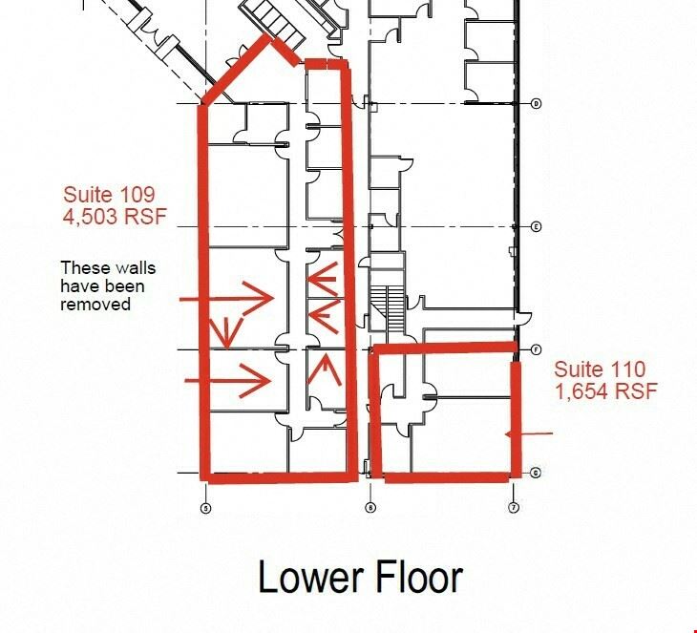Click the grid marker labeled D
[537, 103]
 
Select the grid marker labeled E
[537, 226]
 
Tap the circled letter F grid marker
[537, 349]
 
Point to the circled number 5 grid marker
[206, 508]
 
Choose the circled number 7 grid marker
[514, 507]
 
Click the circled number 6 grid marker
[370, 507]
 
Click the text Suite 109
[109, 194]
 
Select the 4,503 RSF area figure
[115, 217]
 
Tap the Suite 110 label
[600, 369]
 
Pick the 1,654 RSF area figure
[606, 391]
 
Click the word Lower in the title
[312, 577]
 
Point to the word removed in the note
[95, 305]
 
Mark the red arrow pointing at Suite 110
[529, 433]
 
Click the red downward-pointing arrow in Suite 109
[226, 332]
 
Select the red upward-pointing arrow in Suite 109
[326, 369]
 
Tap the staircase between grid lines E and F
[388, 309]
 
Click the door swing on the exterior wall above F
[524, 318]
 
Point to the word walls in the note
[135, 268]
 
